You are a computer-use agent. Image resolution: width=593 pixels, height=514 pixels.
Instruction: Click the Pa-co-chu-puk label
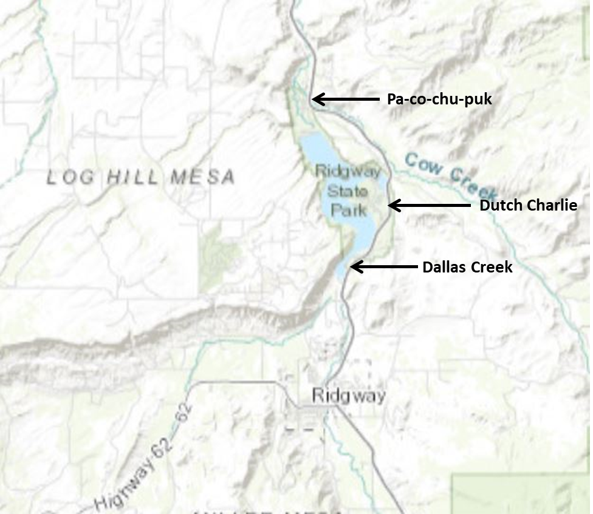[x=439, y=99]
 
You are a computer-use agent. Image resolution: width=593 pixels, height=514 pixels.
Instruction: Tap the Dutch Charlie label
[x=528, y=205]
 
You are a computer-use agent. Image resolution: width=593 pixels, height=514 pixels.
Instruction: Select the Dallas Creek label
[x=467, y=267]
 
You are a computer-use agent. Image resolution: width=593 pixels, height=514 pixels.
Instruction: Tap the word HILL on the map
[x=134, y=178]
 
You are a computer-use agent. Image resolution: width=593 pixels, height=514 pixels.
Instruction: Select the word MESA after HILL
[x=202, y=177]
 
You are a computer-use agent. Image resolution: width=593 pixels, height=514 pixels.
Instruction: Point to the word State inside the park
[x=348, y=192]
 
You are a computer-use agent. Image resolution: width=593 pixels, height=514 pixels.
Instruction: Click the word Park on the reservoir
[x=349, y=210]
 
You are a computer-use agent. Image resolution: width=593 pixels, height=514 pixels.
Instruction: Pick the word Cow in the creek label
[x=424, y=164]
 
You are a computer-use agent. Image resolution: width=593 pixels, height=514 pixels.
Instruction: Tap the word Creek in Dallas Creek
[x=492, y=267]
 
